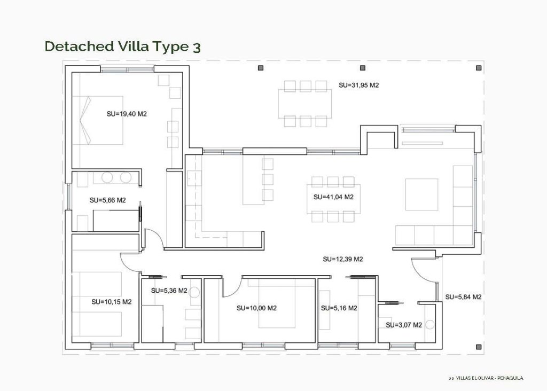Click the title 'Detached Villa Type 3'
coord(123,46)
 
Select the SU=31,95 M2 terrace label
coord(358,85)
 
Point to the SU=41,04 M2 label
coord(333,197)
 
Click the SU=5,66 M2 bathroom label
coord(107,201)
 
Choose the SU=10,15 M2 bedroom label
coord(111,302)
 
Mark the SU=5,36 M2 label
coord(169,291)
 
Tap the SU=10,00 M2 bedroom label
coord(256,308)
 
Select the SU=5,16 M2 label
coord(339,308)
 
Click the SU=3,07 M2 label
coord(404,325)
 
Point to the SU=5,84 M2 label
coord(464,297)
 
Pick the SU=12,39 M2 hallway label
coord(343,260)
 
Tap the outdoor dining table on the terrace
coord(304,104)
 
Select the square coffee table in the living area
coord(421,194)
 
